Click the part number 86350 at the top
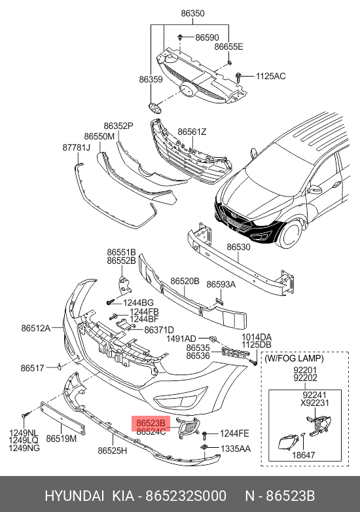pos(192,13)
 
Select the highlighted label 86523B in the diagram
pos(151,424)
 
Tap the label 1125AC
pos(270,76)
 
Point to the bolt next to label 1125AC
pos(238,77)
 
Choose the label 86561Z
pos(192,132)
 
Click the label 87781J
pos(76,147)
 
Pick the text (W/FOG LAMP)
pos(294,359)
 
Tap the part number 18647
pos(304,455)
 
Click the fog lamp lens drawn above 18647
pos(287,442)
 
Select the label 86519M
pos(61,439)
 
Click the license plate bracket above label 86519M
pos(63,418)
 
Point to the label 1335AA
pos(236,448)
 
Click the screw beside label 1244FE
pos(205,434)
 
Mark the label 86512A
pos(36,328)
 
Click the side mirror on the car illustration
pos(314,190)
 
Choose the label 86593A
pos(221,284)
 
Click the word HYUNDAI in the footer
pos(75,496)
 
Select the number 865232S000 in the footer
pos(186,496)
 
